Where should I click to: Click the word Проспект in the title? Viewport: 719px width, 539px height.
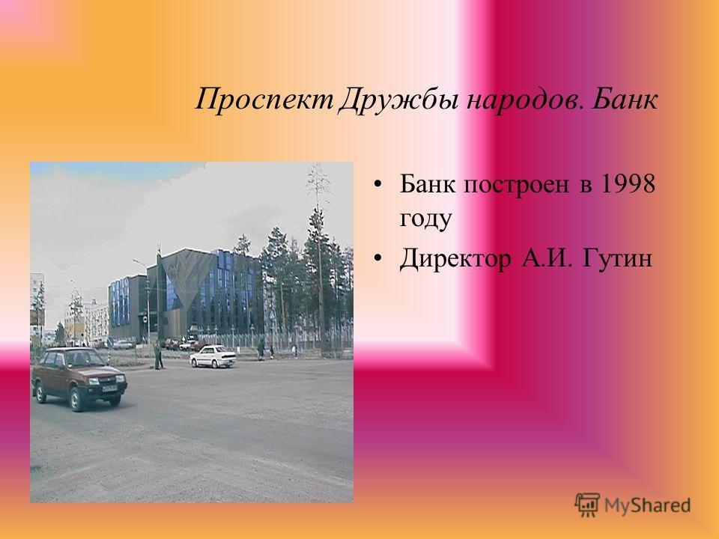click(264, 99)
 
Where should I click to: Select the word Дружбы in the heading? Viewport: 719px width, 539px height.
click(398, 100)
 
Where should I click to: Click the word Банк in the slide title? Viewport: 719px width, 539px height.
click(625, 99)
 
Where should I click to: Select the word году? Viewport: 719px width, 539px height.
click(425, 219)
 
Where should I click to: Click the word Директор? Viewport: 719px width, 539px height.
click(455, 258)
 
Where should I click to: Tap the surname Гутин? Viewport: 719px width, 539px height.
click(616, 258)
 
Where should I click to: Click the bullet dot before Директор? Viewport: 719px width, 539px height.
click(377, 259)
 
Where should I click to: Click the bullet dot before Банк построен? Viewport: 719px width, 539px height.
click(377, 185)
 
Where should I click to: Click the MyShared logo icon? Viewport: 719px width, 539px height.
click(587, 505)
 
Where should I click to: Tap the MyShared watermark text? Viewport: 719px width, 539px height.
click(647, 505)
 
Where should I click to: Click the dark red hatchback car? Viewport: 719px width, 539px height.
click(79, 377)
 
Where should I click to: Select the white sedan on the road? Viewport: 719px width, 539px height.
click(213, 356)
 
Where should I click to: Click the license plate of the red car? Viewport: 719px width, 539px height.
click(109, 389)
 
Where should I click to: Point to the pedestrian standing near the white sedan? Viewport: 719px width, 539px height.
click(157, 355)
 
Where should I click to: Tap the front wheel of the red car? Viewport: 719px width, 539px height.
click(76, 399)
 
